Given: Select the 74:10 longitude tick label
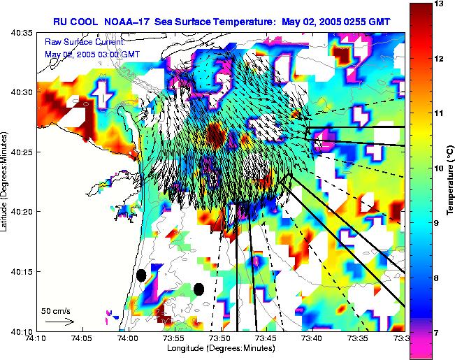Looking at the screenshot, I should point(35,338).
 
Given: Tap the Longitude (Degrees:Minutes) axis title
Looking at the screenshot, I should point(219,349).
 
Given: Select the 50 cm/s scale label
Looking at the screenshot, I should point(55,310).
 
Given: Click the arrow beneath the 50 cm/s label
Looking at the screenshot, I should point(59,322).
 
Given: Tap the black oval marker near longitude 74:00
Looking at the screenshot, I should point(141,275).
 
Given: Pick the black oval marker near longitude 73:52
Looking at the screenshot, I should point(199,289).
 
